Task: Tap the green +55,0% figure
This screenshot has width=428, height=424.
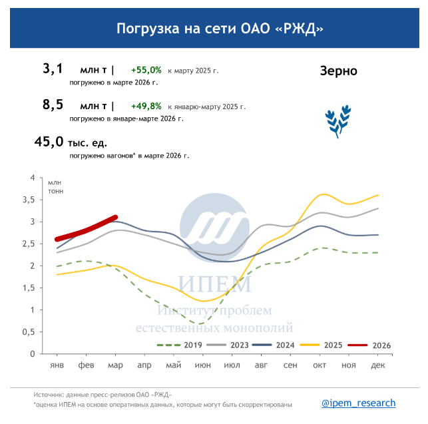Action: (146, 70)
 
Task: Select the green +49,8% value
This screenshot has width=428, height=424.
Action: (146, 106)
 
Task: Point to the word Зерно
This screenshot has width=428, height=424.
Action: (338, 71)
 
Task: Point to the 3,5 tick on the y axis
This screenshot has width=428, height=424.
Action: (28, 200)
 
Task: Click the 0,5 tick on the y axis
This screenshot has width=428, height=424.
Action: (28, 331)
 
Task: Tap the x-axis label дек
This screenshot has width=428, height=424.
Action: (378, 365)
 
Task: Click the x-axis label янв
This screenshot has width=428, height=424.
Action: (57, 365)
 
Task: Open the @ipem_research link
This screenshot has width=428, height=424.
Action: (358, 403)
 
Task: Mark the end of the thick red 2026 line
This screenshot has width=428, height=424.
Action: (116, 217)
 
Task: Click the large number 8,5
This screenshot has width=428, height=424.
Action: (53, 105)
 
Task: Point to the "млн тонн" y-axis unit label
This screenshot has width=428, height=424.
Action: (55, 186)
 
